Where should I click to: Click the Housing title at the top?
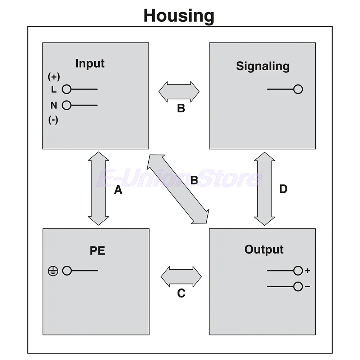coord(179,15)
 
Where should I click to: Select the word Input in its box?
coord(90,63)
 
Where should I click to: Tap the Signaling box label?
coord(262,66)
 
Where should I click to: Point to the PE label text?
coord(97,251)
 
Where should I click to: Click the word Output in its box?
coord(264,249)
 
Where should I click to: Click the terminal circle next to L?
coord(67,89)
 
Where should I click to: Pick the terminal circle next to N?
coord(67,105)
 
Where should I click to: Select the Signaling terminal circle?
coord(298,89)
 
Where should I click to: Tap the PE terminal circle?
coord(67,271)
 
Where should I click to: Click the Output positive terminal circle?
coord(298,271)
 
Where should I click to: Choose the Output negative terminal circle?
coord(298,287)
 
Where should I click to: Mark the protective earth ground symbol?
coord(53,271)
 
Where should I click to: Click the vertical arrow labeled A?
coord(98,189)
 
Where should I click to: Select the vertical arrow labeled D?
coord(265,189)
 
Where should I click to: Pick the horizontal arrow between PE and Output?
coord(181,277)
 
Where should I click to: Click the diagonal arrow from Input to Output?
coord(178,189)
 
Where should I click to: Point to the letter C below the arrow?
coord(181,294)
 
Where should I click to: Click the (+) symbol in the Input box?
coord(54,77)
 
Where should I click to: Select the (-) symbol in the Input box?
coord(53,120)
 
